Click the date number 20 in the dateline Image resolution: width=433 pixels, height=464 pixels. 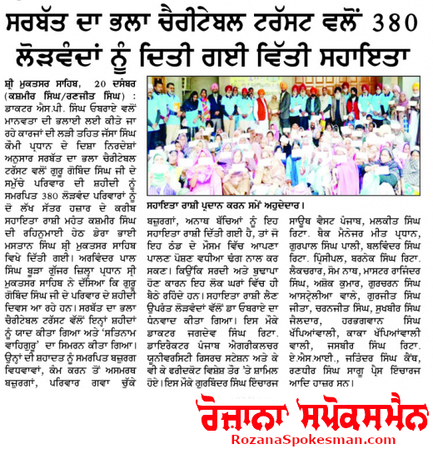[x=102, y=85]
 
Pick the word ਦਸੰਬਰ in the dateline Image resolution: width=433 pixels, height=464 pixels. [x=129, y=85]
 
